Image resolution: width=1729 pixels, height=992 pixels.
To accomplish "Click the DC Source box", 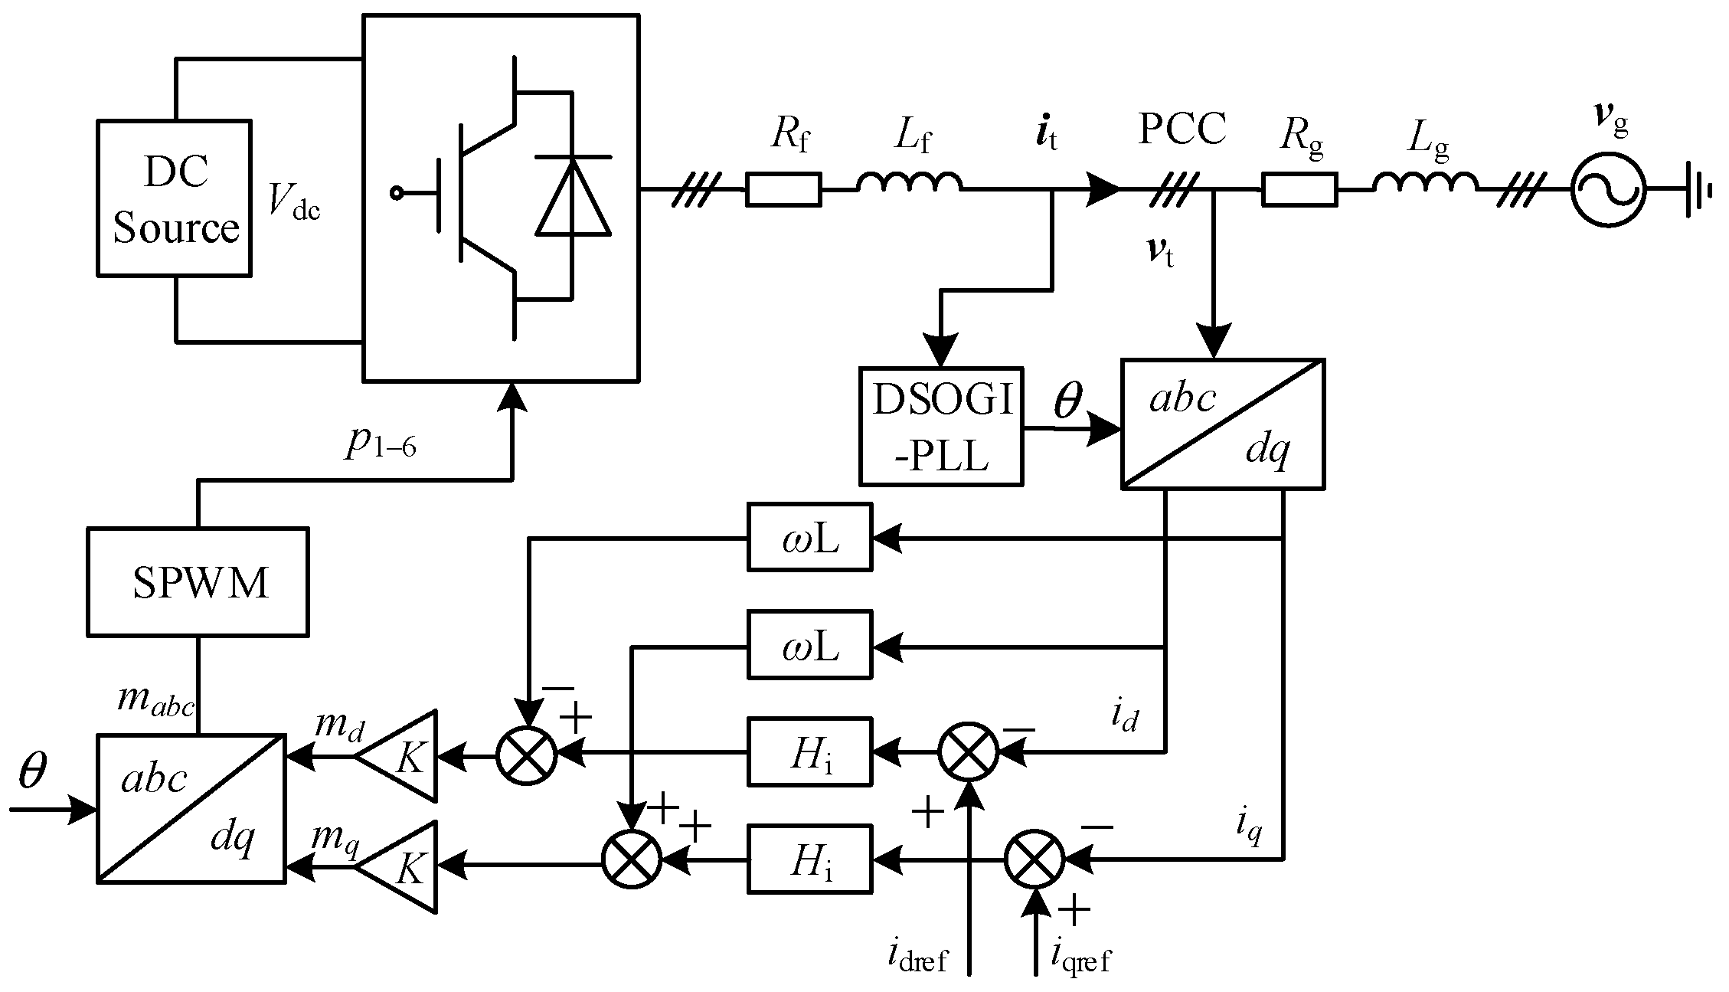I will pyautogui.click(x=174, y=198).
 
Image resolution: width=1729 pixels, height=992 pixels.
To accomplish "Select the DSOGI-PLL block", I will pyautogui.click(x=941, y=426).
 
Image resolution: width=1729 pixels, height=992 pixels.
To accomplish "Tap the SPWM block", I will pyautogui.click(x=198, y=581).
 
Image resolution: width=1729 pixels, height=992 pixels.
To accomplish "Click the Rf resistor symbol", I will pyautogui.click(x=783, y=189).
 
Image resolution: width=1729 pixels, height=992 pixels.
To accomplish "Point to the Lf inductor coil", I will pyautogui.click(x=909, y=184).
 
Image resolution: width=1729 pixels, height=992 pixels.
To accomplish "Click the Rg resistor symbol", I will pyautogui.click(x=1299, y=189).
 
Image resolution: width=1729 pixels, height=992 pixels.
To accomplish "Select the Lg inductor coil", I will pyautogui.click(x=1425, y=184).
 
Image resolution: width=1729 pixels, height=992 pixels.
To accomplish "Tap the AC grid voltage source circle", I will pyautogui.click(x=1608, y=189).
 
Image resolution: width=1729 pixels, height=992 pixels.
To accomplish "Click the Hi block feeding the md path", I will pyautogui.click(x=809, y=751).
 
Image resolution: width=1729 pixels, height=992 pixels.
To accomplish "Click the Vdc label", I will pyautogui.click(x=294, y=203).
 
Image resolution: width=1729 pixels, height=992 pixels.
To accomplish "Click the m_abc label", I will pyautogui.click(x=155, y=700).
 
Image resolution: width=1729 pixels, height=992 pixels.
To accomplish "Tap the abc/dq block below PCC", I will pyautogui.click(x=1222, y=424).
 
